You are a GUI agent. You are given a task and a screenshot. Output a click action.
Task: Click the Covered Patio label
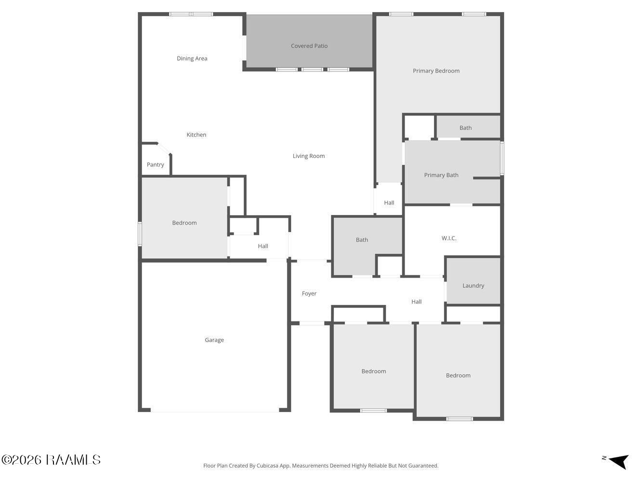[309, 46]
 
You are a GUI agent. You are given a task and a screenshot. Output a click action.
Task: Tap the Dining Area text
[192, 58]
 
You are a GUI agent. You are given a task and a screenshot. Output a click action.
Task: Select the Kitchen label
[196, 134]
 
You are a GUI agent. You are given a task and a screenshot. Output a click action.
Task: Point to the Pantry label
[155, 165]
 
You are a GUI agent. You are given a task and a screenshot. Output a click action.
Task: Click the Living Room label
[309, 156]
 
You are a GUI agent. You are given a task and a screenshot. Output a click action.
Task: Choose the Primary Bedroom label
[436, 71]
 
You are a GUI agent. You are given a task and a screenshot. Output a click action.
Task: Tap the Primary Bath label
[441, 175]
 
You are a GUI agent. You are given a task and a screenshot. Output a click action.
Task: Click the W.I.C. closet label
[449, 238]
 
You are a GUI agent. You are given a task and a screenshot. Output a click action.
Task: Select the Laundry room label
[473, 286]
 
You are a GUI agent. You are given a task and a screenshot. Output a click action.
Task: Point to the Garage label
[214, 340]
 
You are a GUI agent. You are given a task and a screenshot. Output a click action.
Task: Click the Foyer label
[309, 294]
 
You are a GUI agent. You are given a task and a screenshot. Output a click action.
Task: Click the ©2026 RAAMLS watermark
[51, 460]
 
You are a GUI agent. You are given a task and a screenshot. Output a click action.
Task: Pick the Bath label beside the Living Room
[362, 240]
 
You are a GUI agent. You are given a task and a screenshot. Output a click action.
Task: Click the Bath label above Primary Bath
[465, 128]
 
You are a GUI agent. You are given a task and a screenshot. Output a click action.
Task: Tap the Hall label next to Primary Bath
[389, 203]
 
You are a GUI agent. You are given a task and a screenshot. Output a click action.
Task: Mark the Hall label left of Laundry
[417, 302]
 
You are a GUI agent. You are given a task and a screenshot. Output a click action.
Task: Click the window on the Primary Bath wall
[502, 158]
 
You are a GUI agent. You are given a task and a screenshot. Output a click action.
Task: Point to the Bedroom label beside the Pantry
[184, 223]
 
